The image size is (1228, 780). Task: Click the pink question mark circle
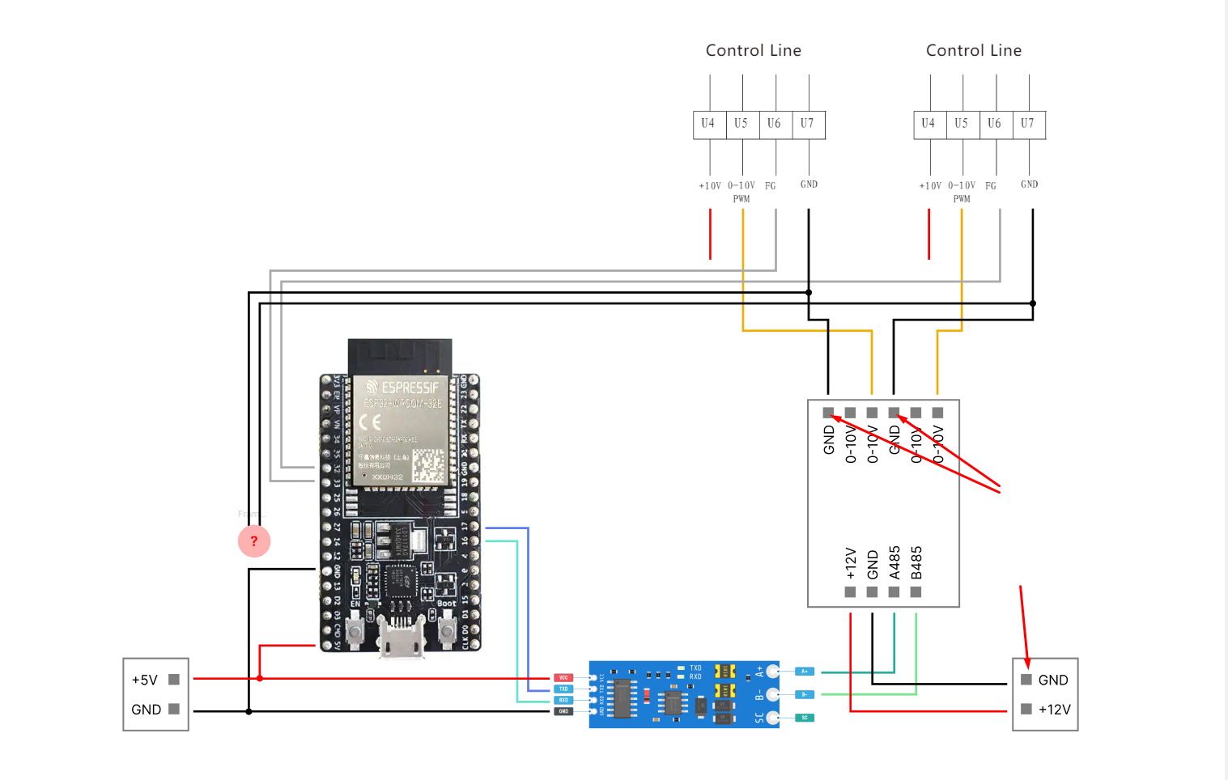pyautogui.click(x=254, y=540)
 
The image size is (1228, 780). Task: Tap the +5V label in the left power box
pyautogui.click(x=145, y=680)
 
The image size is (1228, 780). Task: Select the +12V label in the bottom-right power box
pyautogui.click(x=1054, y=710)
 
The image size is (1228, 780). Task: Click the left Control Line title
pyautogui.click(x=753, y=50)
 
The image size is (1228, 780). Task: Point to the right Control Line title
pyautogui.click(x=973, y=50)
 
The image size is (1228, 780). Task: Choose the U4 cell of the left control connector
pyautogui.click(x=708, y=124)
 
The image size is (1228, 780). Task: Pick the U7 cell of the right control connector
pyautogui.click(x=1027, y=124)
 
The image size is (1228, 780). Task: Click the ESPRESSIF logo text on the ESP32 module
pyautogui.click(x=402, y=388)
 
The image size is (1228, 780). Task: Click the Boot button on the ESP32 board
pyautogui.click(x=446, y=630)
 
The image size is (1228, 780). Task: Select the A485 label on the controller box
pyautogui.click(x=894, y=562)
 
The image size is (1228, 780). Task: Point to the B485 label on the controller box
pyautogui.click(x=916, y=562)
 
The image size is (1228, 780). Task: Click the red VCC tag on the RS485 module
pyautogui.click(x=563, y=677)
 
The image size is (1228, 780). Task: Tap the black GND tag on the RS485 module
pyautogui.click(x=563, y=711)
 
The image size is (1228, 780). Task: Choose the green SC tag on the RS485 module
pyautogui.click(x=805, y=718)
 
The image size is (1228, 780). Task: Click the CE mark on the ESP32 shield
pyautogui.click(x=370, y=422)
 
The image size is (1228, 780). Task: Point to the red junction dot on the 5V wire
pyautogui.click(x=260, y=678)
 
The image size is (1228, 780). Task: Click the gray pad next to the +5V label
pyautogui.click(x=174, y=680)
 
